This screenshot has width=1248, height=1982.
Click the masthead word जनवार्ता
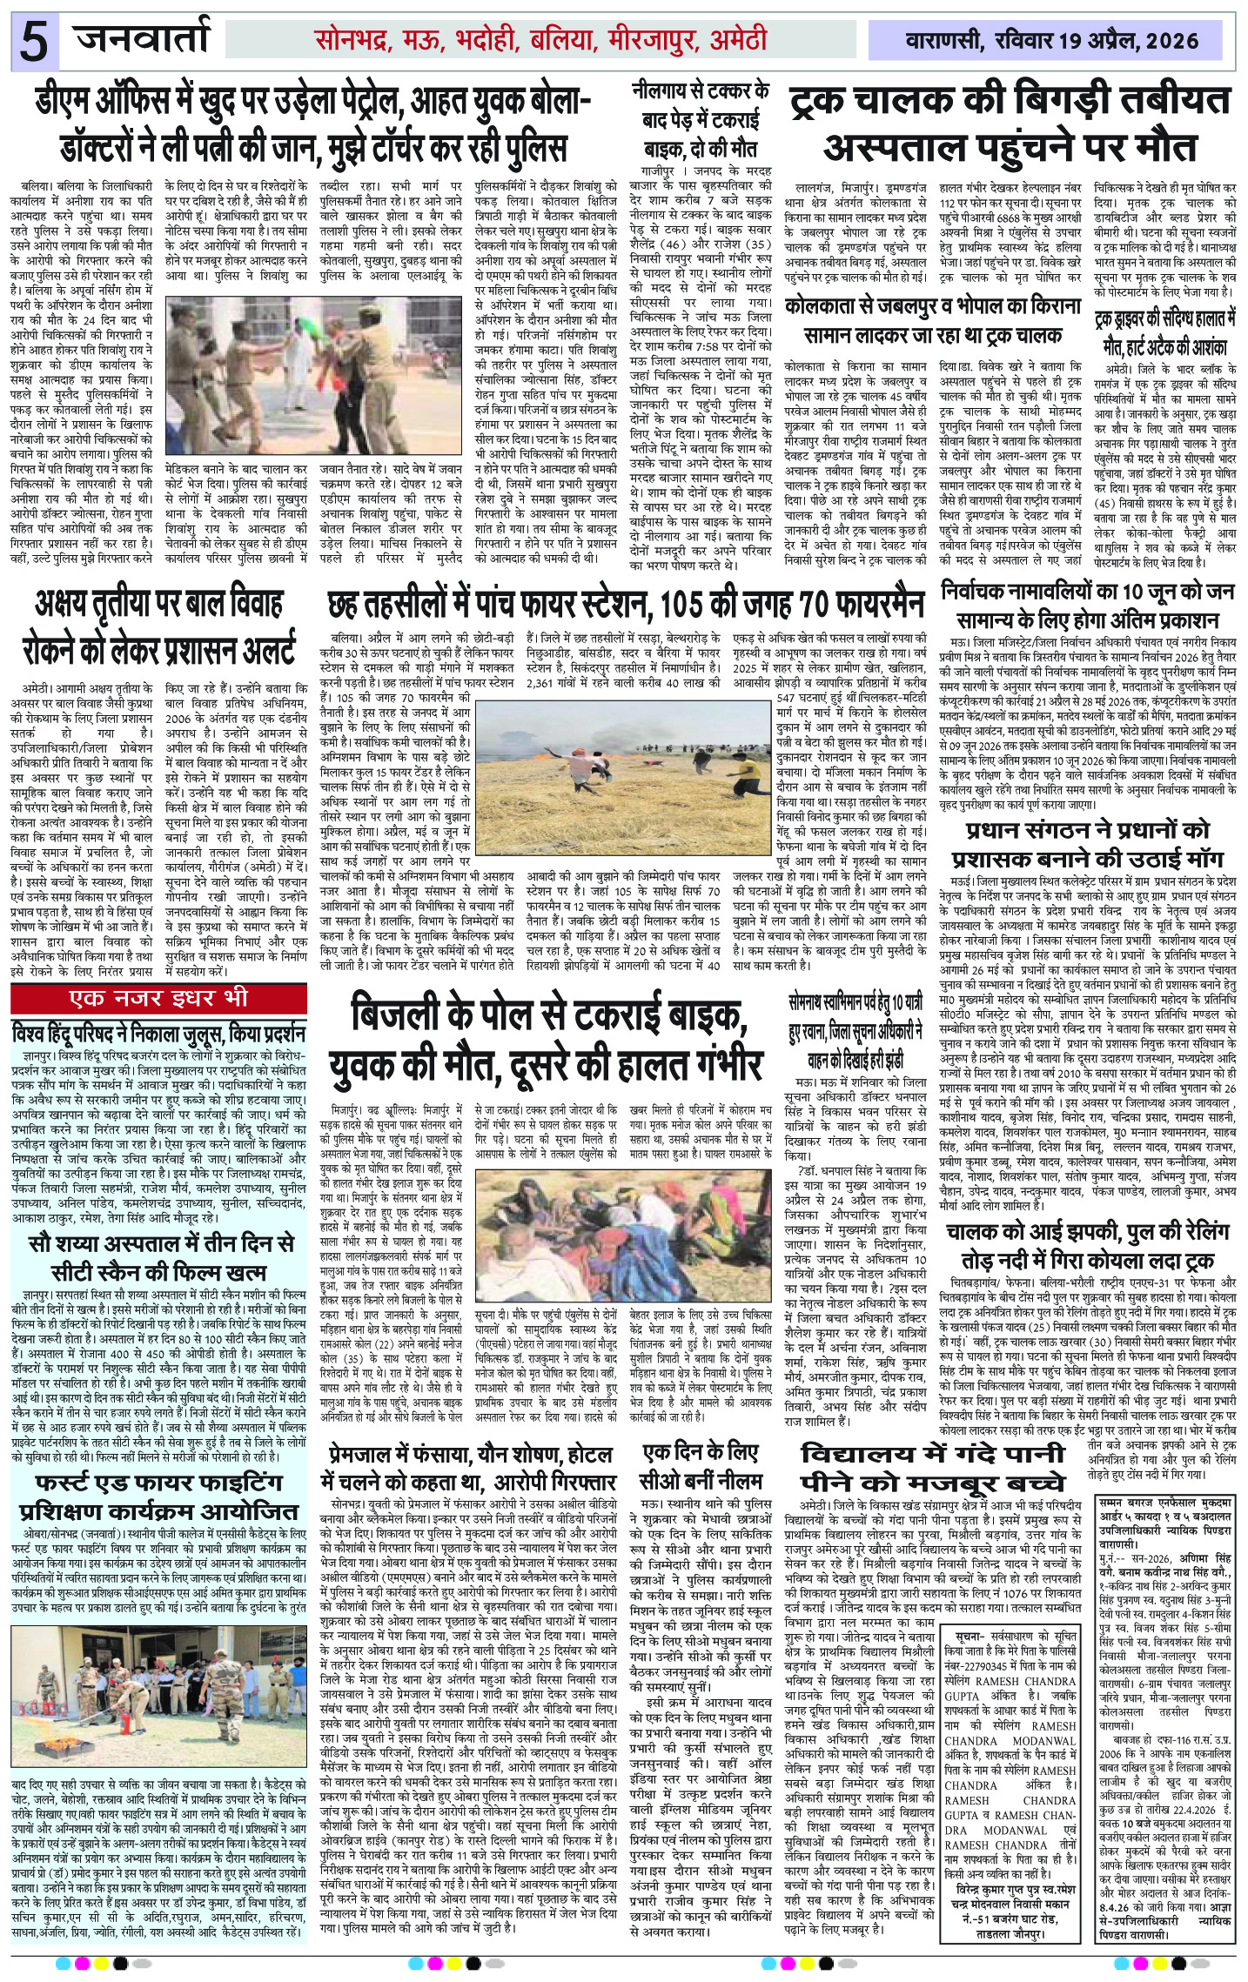click(x=144, y=39)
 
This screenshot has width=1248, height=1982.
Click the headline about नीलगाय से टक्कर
click(x=701, y=117)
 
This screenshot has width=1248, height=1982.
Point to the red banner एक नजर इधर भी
click(x=159, y=996)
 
